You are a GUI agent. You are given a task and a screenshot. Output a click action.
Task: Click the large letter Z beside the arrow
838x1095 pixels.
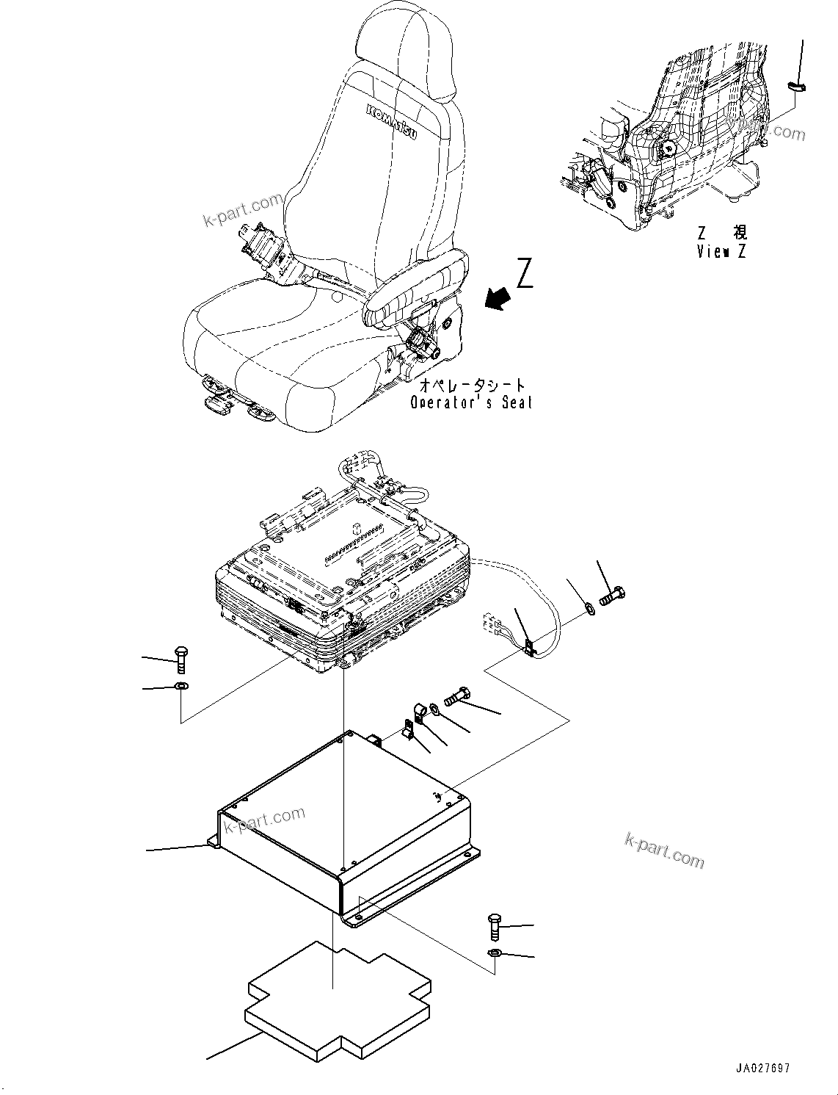(x=524, y=273)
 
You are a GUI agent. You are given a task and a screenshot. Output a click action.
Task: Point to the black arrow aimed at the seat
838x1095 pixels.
(x=498, y=299)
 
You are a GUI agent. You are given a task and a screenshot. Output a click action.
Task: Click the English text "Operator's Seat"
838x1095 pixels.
(x=470, y=402)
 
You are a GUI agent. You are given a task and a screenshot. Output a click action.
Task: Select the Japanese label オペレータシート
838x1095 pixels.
(x=473, y=385)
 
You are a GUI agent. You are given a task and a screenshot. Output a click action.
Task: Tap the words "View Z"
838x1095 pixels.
(x=721, y=251)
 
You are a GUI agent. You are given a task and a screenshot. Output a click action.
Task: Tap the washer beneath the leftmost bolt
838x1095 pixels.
(x=181, y=686)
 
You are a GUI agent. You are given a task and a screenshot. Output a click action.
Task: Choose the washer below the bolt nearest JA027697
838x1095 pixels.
(x=495, y=953)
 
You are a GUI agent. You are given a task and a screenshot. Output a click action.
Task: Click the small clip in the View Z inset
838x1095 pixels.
(x=798, y=87)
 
